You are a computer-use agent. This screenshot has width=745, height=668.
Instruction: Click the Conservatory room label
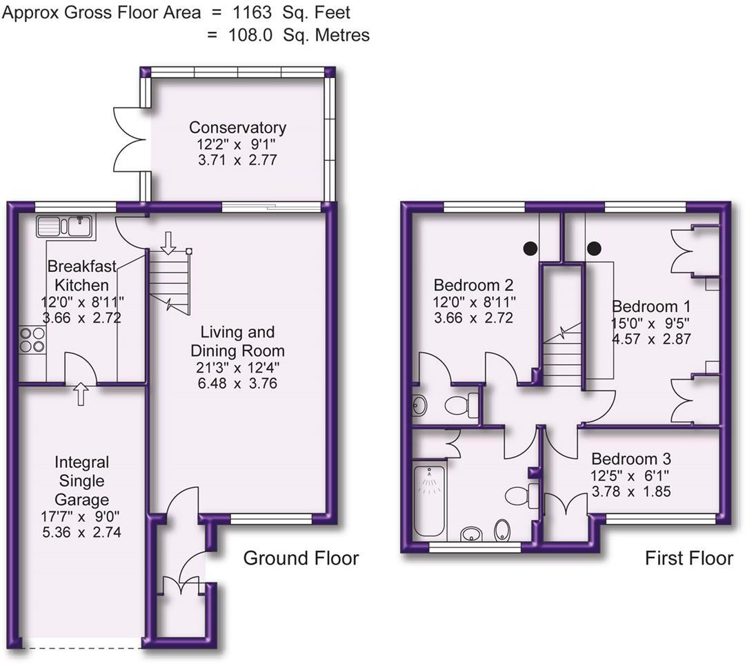(237, 128)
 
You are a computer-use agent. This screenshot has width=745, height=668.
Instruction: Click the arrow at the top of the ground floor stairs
(168, 243)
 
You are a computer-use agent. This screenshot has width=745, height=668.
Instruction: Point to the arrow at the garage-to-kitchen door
(81, 393)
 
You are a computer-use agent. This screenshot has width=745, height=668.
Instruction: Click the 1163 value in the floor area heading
(252, 13)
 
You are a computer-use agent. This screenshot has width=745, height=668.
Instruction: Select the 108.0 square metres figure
(251, 35)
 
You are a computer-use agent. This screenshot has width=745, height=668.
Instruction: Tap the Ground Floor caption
(301, 558)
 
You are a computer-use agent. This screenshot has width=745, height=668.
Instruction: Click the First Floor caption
(688, 558)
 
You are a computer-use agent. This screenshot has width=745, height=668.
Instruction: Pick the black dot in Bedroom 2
(530, 248)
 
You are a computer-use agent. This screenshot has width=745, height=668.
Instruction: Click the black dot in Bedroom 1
(595, 248)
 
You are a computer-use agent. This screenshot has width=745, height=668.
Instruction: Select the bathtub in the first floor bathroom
(430, 500)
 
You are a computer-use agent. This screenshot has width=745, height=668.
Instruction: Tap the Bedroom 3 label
(631, 459)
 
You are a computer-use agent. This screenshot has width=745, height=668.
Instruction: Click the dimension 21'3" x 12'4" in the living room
(237, 367)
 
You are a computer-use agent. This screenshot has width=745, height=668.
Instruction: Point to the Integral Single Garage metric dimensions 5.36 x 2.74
(81, 532)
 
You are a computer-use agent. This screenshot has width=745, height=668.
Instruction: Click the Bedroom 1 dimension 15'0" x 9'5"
(650, 323)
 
